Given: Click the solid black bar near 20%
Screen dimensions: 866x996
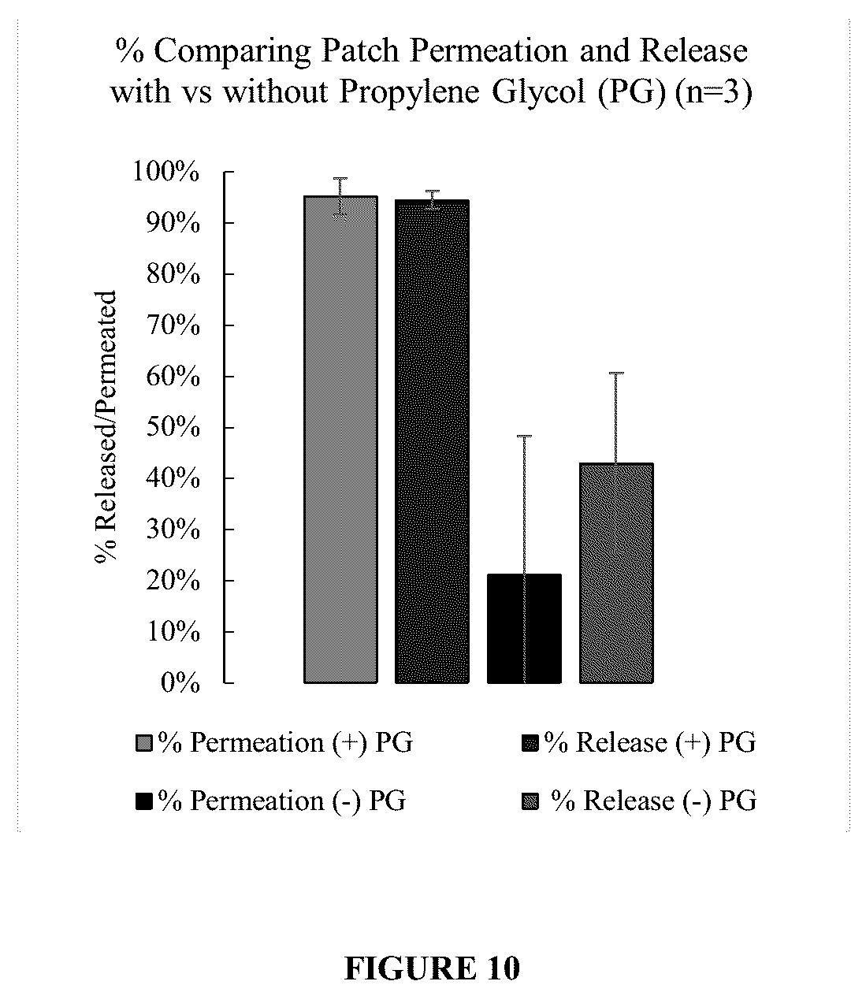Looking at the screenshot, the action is pos(524,629).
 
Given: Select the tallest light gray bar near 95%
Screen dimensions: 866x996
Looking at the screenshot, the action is pos(340,439).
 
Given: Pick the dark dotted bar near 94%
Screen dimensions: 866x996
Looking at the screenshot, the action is pos(433,441).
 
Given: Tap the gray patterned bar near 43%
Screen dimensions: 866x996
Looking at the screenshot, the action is pos(616,573).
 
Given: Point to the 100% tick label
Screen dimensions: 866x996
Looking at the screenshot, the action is pos(165,172).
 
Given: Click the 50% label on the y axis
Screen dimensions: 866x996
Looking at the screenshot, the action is pos(173,427).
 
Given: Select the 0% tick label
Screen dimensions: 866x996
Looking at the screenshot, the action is pos(180,683).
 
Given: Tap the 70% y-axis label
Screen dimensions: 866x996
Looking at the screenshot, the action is pos(173,325).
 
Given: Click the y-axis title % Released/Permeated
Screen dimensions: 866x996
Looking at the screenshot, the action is pos(106,427).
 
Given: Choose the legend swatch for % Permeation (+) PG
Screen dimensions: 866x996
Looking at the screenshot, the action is pos(144,743).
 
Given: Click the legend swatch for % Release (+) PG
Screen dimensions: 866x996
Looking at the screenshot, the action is pos(530,743).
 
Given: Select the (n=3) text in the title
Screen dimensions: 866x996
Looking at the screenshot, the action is pos(713,91).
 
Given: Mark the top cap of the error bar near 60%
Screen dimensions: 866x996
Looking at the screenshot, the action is pos(616,373).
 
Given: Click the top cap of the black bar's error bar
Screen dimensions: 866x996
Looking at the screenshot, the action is pos(524,436).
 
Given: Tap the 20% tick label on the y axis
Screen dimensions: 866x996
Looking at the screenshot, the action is pos(173,581).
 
